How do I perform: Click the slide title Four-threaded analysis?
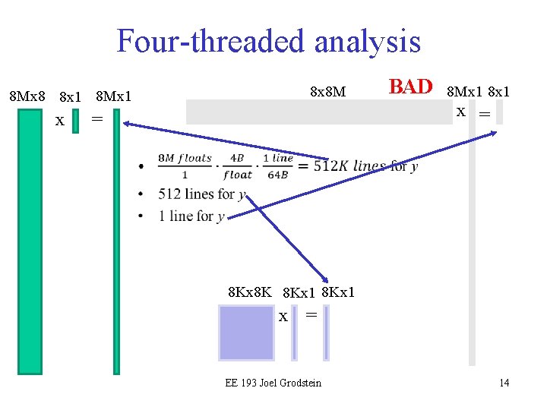click(268, 41)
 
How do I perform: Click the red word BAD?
click(410, 87)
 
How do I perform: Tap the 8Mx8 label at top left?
click(27, 96)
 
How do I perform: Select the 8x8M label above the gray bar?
click(328, 92)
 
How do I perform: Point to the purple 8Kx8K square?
click(245, 332)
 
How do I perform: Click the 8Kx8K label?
click(250, 292)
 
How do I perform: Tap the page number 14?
click(504, 383)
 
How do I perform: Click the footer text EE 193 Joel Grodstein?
click(273, 383)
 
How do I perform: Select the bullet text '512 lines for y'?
click(201, 194)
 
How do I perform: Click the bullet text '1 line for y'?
click(191, 216)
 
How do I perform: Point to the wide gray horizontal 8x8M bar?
click(319, 112)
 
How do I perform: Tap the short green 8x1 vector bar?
click(75, 121)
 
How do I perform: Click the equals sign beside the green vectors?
click(96, 118)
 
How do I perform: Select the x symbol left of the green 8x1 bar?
click(59, 120)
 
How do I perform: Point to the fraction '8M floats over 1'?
click(185, 166)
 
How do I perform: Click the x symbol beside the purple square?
click(283, 317)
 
